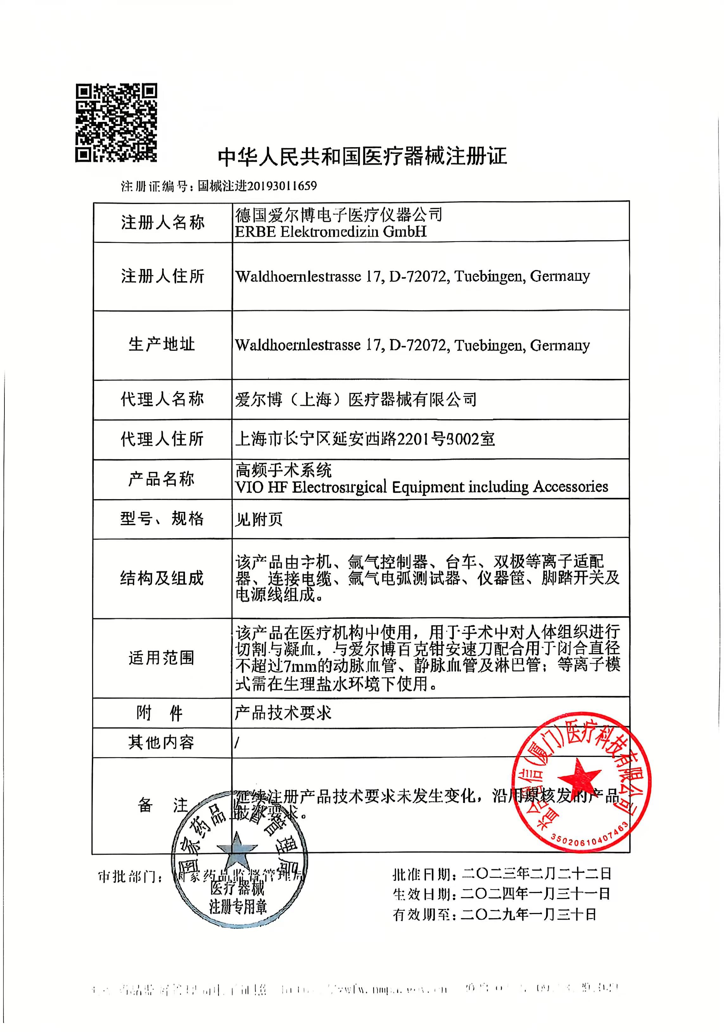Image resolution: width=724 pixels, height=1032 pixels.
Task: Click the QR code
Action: point(116,123)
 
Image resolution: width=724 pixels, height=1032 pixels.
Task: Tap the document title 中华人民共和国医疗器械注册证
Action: point(362,156)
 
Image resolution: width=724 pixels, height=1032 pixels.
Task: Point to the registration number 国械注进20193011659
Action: point(257,186)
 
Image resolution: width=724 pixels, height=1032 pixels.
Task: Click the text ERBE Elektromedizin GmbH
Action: point(331,232)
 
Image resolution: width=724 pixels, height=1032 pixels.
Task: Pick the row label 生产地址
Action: point(162,344)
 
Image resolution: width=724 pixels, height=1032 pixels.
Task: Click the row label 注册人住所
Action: point(162,276)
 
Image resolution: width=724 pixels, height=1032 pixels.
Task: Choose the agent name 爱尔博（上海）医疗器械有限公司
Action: point(355,399)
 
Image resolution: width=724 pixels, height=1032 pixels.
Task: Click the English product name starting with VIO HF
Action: point(421,487)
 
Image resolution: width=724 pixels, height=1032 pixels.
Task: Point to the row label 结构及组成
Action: point(162,578)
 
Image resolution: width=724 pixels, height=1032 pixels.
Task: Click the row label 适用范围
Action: point(162,658)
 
